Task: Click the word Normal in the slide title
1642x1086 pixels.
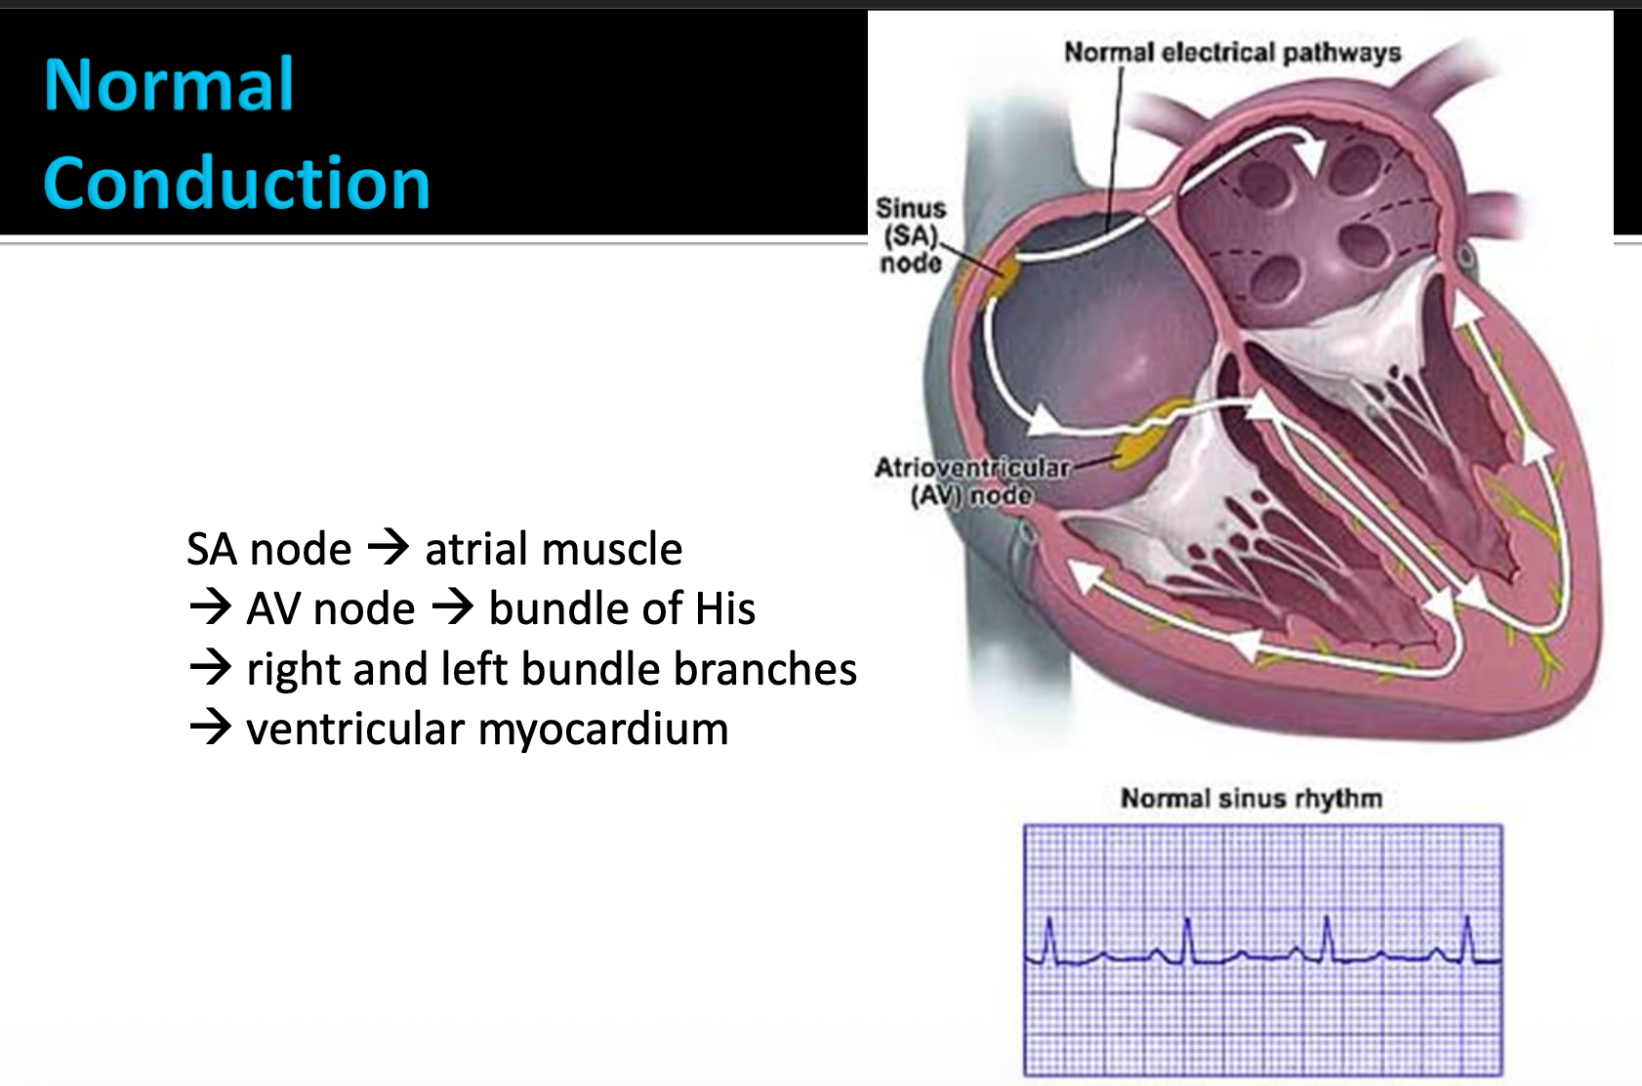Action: pos(169,85)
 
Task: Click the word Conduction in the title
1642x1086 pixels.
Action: pos(236,184)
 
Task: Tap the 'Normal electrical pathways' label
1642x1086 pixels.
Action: pos(1232,52)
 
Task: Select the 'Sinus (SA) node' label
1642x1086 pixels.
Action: pos(910,235)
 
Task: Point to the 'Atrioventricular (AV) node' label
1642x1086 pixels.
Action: pos(971,481)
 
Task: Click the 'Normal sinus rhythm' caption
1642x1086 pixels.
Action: pos(1251,798)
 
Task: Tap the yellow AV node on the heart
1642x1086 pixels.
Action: pos(1140,445)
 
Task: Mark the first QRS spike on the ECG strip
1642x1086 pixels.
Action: pos(1050,939)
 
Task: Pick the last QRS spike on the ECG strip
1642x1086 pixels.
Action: pos(1467,938)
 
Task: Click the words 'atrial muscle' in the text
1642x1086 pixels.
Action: pos(554,549)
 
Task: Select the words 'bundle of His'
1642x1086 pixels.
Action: pos(622,608)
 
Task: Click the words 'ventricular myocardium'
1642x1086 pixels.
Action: pos(487,729)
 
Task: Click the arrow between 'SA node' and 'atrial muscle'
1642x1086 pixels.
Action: pos(389,547)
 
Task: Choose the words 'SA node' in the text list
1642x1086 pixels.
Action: pos(268,549)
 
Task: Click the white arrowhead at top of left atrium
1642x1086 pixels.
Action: pos(1310,151)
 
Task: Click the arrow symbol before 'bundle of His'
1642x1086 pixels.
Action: pos(453,607)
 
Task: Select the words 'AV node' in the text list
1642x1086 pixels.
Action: pos(331,608)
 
